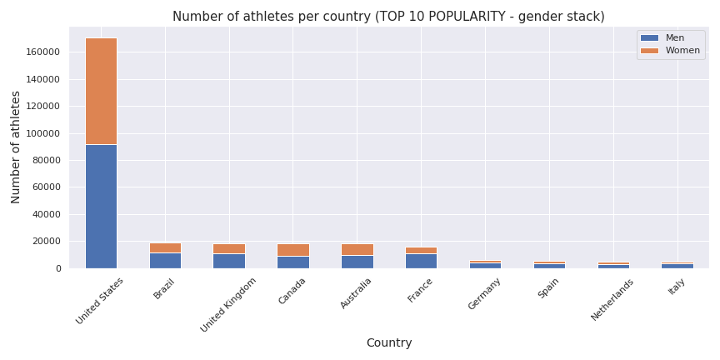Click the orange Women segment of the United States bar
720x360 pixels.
pos(101,91)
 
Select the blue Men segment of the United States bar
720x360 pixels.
pos(101,206)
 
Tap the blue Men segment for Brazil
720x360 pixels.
pos(165,260)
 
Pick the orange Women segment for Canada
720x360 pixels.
pos(292,250)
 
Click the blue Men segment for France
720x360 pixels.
pos(421,261)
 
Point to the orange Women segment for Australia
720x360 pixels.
pos(357,249)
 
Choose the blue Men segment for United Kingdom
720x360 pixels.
pos(229,261)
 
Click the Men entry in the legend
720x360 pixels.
pos(674,37)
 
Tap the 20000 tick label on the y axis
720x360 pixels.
pos(46,242)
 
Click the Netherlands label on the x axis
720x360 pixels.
pos(613,299)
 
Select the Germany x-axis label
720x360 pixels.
pos(484,293)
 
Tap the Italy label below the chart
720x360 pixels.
pos(677,286)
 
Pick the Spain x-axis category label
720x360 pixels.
pos(549,289)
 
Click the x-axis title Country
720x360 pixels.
pos(389,342)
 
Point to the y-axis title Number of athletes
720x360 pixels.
pos(16,147)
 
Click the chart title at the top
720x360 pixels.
pos(388,17)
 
